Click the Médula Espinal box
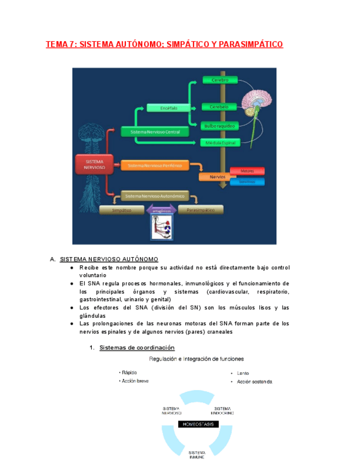tap(220, 143)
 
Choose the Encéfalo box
tap(168, 108)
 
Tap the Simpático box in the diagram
tap(123, 210)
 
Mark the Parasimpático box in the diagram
tap(201, 210)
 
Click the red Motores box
tap(247, 171)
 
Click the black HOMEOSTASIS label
tap(198, 424)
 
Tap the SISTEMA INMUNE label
tap(197, 454)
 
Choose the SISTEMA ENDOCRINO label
tap(222, 410)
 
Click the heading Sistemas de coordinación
tap(137, 347)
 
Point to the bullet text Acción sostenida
tap(254, 382)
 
